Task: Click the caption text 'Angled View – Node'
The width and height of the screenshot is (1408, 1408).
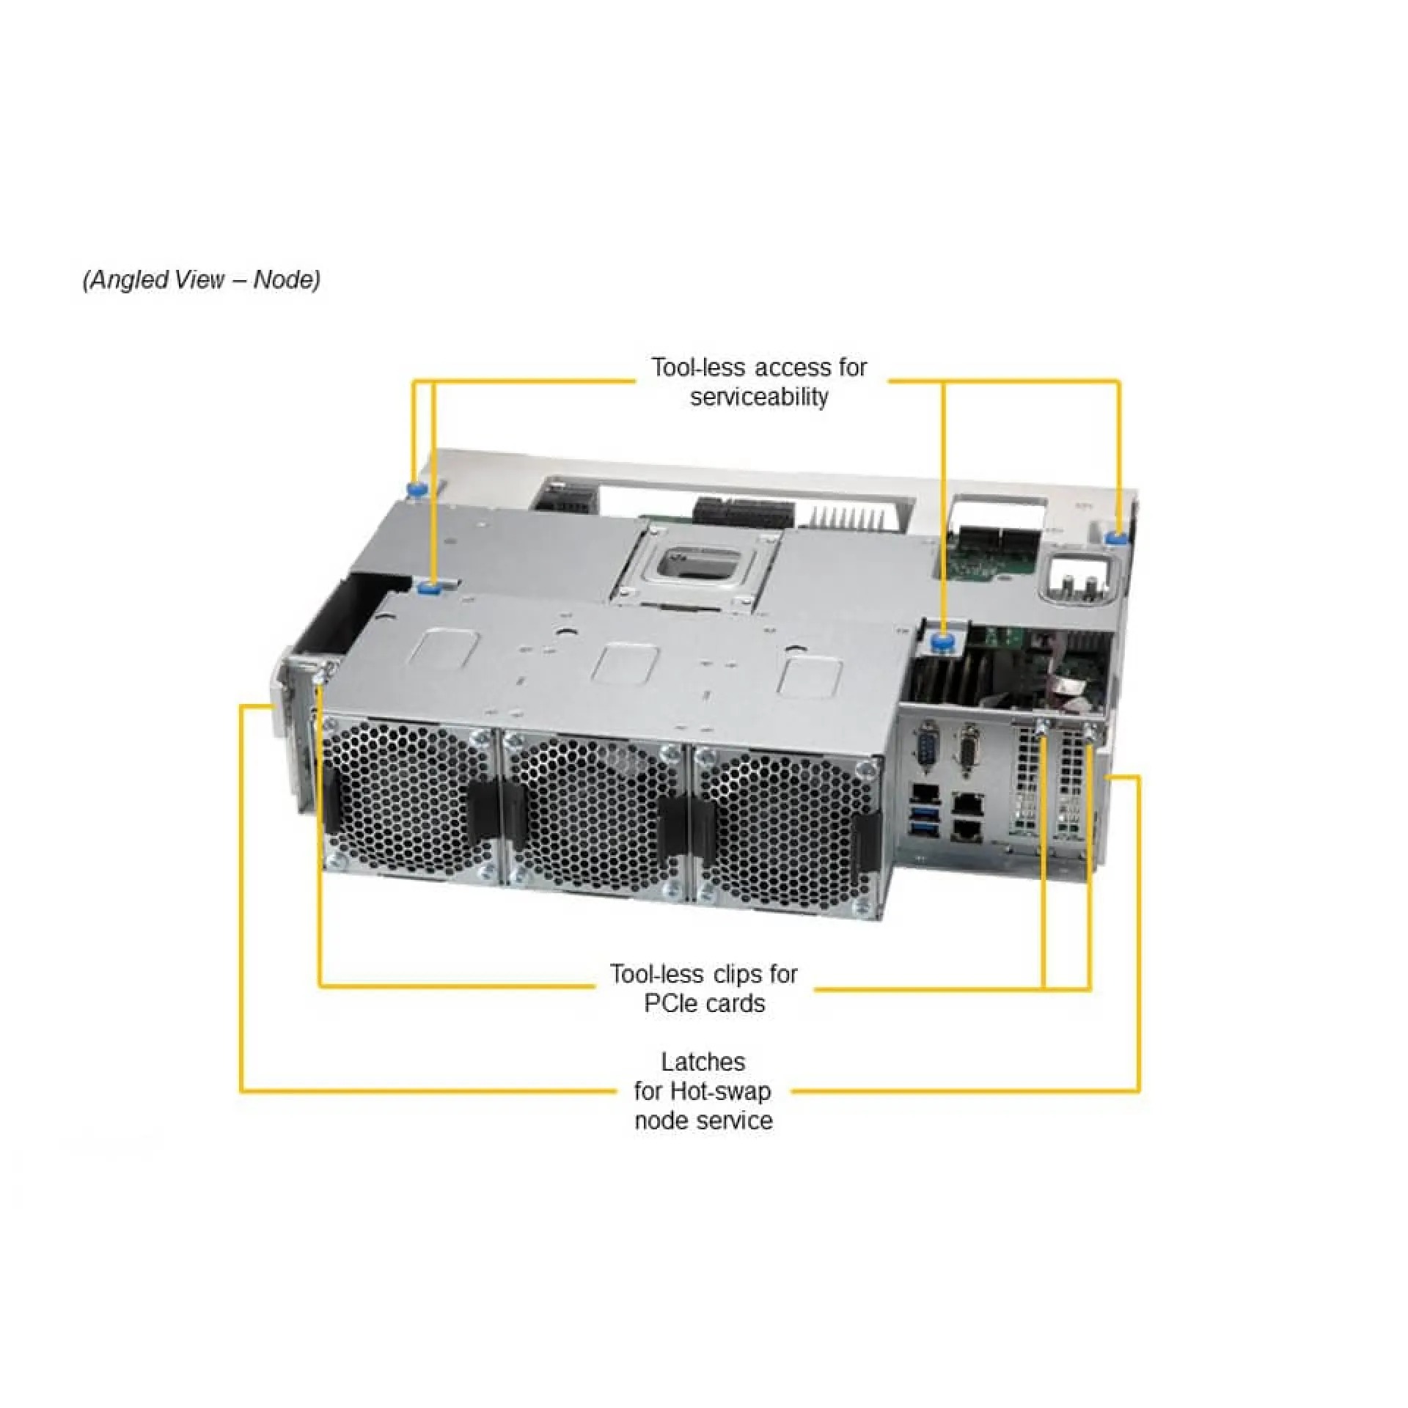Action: (x=201, y=280)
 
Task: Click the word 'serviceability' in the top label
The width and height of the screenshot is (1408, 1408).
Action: (x=759, y=397)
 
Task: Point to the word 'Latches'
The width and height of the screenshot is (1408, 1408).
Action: (x=703, y=1061)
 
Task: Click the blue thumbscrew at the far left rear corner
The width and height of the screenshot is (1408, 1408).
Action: (x=418, y=489)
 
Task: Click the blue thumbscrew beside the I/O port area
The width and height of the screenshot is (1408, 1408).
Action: (x=942, y=642)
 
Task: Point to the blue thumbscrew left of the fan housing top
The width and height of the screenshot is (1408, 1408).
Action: (x=427, y=587)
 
